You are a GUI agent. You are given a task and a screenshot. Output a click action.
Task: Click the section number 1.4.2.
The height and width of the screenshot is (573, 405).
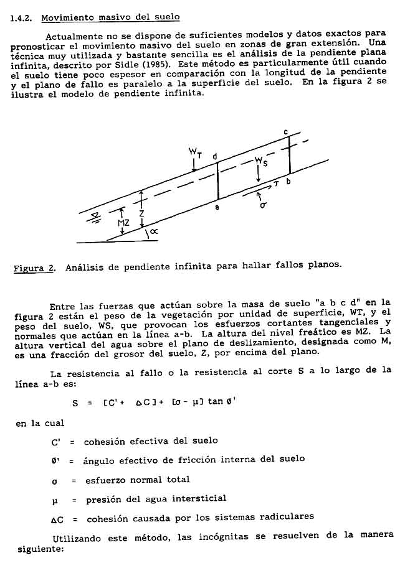22,17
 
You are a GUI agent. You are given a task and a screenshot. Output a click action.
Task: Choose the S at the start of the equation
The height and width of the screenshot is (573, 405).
75,403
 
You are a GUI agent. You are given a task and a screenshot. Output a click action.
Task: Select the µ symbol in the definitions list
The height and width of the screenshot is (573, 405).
55,498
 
